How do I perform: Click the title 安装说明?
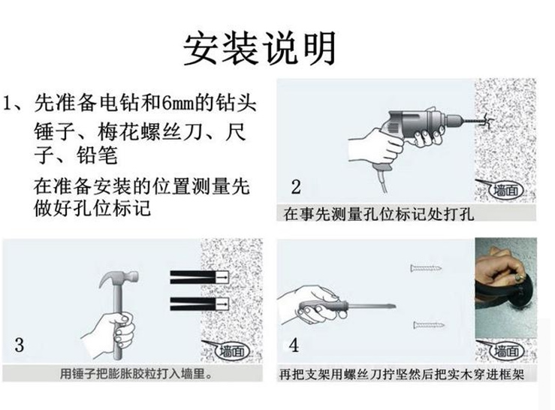(x=259, y=49)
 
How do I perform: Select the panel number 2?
(x=296, y=187)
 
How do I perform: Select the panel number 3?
(x=19, y=345)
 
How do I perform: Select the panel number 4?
(x=294, y=345)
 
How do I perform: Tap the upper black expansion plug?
(x=200, y=277)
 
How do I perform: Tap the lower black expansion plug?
(x=200, y=304)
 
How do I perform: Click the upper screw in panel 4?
(x=426, y=268)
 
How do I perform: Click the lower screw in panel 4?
(x=429, y=324)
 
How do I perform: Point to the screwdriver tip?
(x=394, y=306)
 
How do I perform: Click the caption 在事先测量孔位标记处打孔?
(x=379, y=214)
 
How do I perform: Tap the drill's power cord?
(x=382, y=179)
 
